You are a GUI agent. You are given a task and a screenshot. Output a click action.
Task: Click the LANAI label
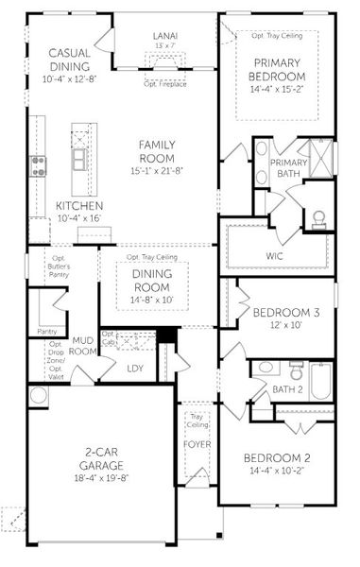pos(164,34)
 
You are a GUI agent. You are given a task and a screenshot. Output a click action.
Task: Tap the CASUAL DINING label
pos(68,60)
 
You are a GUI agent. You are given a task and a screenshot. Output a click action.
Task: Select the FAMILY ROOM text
pos(158,151)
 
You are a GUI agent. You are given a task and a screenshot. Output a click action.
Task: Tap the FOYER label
pos(197,443)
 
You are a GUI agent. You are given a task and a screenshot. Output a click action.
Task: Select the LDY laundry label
pos(135,369)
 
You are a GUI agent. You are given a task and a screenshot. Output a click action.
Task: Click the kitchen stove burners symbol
pos(40,166)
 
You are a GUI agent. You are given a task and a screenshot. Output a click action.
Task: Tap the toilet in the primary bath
pos(318,218)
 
